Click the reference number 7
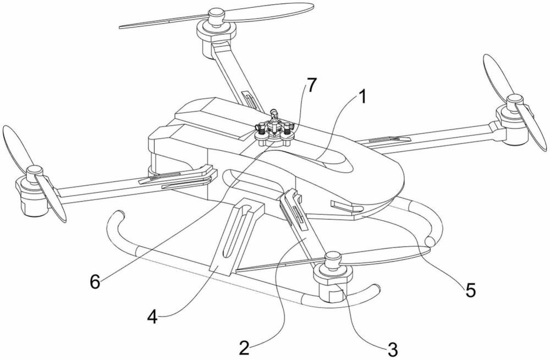311,85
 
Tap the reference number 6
95,281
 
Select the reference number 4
152,318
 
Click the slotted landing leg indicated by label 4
237,234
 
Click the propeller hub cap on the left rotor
34,171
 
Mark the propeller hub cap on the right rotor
514,99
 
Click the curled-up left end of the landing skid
115,221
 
